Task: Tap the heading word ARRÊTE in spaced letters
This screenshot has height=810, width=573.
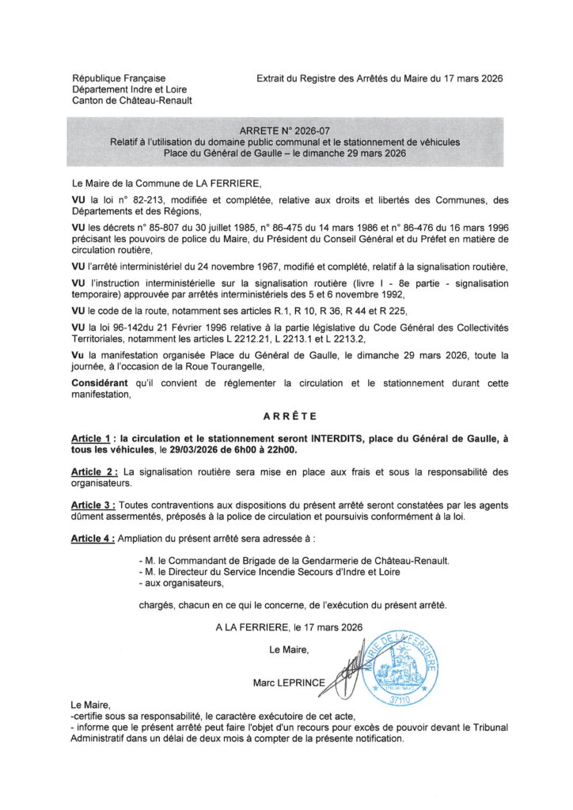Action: pyautogui.click(x=286, y=415)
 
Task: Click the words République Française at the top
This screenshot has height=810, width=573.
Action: pyautogui.click(x=119, y=78)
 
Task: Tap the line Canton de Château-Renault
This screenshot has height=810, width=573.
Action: pyautogui.click(x=131, y=100)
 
